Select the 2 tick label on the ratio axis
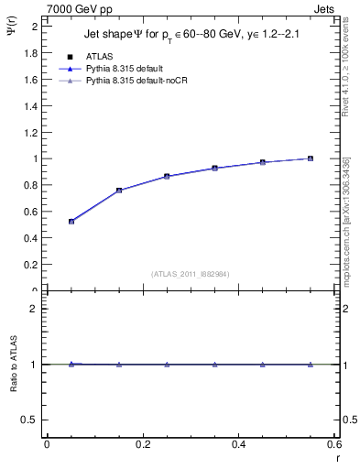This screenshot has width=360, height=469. click(x=34, y=309)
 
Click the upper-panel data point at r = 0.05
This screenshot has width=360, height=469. click(x=71, y=222)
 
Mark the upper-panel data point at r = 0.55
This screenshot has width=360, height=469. click(x=311, y=158)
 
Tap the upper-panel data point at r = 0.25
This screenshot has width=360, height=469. click(x=167, y=176)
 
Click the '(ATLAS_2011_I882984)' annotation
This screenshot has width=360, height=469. click(x=191, y=273)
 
